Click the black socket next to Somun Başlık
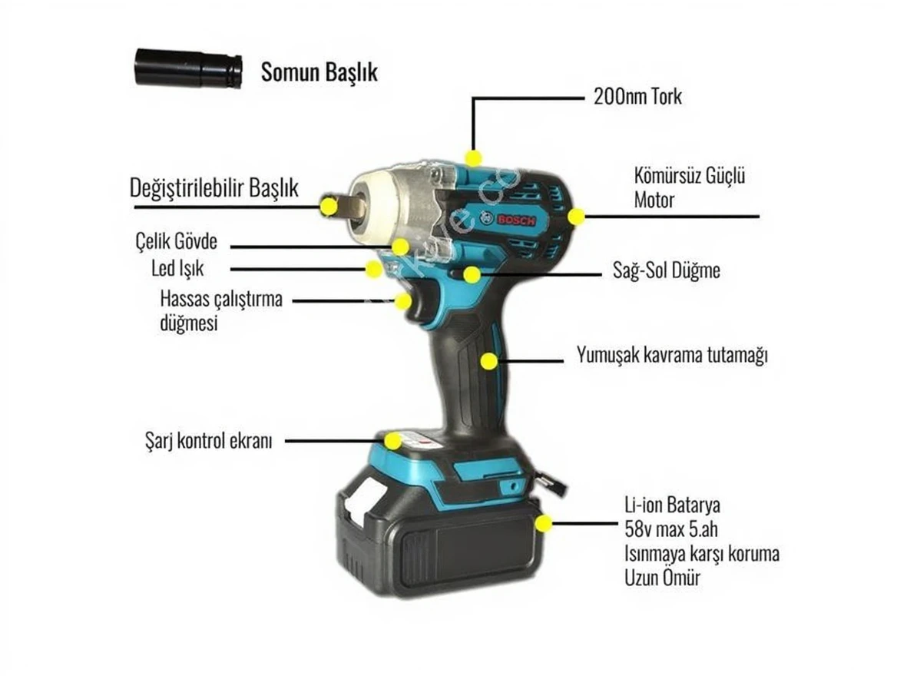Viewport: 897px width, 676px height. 188,68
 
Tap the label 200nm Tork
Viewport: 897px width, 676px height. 637,96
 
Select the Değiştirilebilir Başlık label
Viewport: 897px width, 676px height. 214,187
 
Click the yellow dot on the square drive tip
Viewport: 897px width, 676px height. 329,206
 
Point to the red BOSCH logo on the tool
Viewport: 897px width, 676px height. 515,220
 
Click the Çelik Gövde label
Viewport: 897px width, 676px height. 176,241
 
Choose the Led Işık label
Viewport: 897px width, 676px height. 177,268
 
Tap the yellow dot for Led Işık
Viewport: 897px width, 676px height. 373,269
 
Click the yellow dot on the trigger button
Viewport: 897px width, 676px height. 402,301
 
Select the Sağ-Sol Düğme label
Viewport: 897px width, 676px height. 667,270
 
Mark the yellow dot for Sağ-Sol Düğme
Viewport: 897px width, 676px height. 472,275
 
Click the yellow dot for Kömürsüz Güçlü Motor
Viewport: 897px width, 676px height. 576,217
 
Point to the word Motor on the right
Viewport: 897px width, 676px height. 654,200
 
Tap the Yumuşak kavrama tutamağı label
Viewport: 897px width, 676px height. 672,355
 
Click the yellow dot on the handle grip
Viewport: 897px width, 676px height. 488,361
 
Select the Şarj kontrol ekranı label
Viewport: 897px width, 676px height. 209,441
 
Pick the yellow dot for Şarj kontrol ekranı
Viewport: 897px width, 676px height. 392,441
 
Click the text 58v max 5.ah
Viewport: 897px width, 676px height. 671,529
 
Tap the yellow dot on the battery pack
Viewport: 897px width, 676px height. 544,523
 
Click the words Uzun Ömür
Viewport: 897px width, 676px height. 663,578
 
